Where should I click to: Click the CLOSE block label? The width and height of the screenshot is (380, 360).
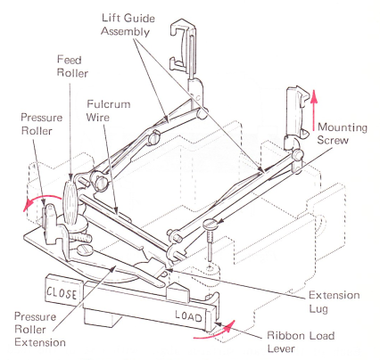62,292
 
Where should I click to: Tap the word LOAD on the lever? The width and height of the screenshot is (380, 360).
188,316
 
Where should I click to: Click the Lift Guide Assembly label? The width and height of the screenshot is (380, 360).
128,25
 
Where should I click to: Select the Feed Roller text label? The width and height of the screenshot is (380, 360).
72,66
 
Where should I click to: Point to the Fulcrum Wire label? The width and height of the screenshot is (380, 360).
108,110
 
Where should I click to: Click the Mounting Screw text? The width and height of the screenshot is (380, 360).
343,134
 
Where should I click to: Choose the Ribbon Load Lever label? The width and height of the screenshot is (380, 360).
301,341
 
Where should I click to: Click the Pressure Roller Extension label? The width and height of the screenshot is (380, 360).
40,329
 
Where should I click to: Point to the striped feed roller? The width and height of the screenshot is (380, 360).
70,200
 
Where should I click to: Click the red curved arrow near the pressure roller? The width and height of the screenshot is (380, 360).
42,199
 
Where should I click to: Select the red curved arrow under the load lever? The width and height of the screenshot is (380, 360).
217,331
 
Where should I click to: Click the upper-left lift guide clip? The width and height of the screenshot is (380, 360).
182,45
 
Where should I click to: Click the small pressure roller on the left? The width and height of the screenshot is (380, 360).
49,220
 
